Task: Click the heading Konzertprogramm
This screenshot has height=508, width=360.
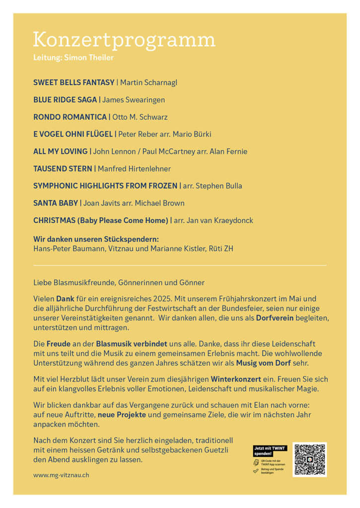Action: (124, 40)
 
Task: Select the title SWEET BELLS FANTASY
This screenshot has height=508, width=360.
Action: (73, 82)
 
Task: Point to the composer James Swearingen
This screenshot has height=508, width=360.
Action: (134, 100)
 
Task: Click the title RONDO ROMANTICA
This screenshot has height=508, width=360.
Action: (70, 117)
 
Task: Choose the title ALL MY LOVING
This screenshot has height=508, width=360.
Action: (60, 151)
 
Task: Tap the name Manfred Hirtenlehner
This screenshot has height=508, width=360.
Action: (134, 169)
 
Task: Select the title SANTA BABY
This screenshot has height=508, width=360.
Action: (56, 203)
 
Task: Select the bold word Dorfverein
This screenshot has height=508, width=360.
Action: (275, 317)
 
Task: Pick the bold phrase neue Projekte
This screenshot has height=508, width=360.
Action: (119, 414)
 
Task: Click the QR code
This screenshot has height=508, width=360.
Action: (309, 459)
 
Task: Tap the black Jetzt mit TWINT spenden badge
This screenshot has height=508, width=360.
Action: (270, 451)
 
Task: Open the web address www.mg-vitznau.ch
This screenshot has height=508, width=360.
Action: (62, 475)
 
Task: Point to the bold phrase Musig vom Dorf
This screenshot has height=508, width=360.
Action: (264, 363)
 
